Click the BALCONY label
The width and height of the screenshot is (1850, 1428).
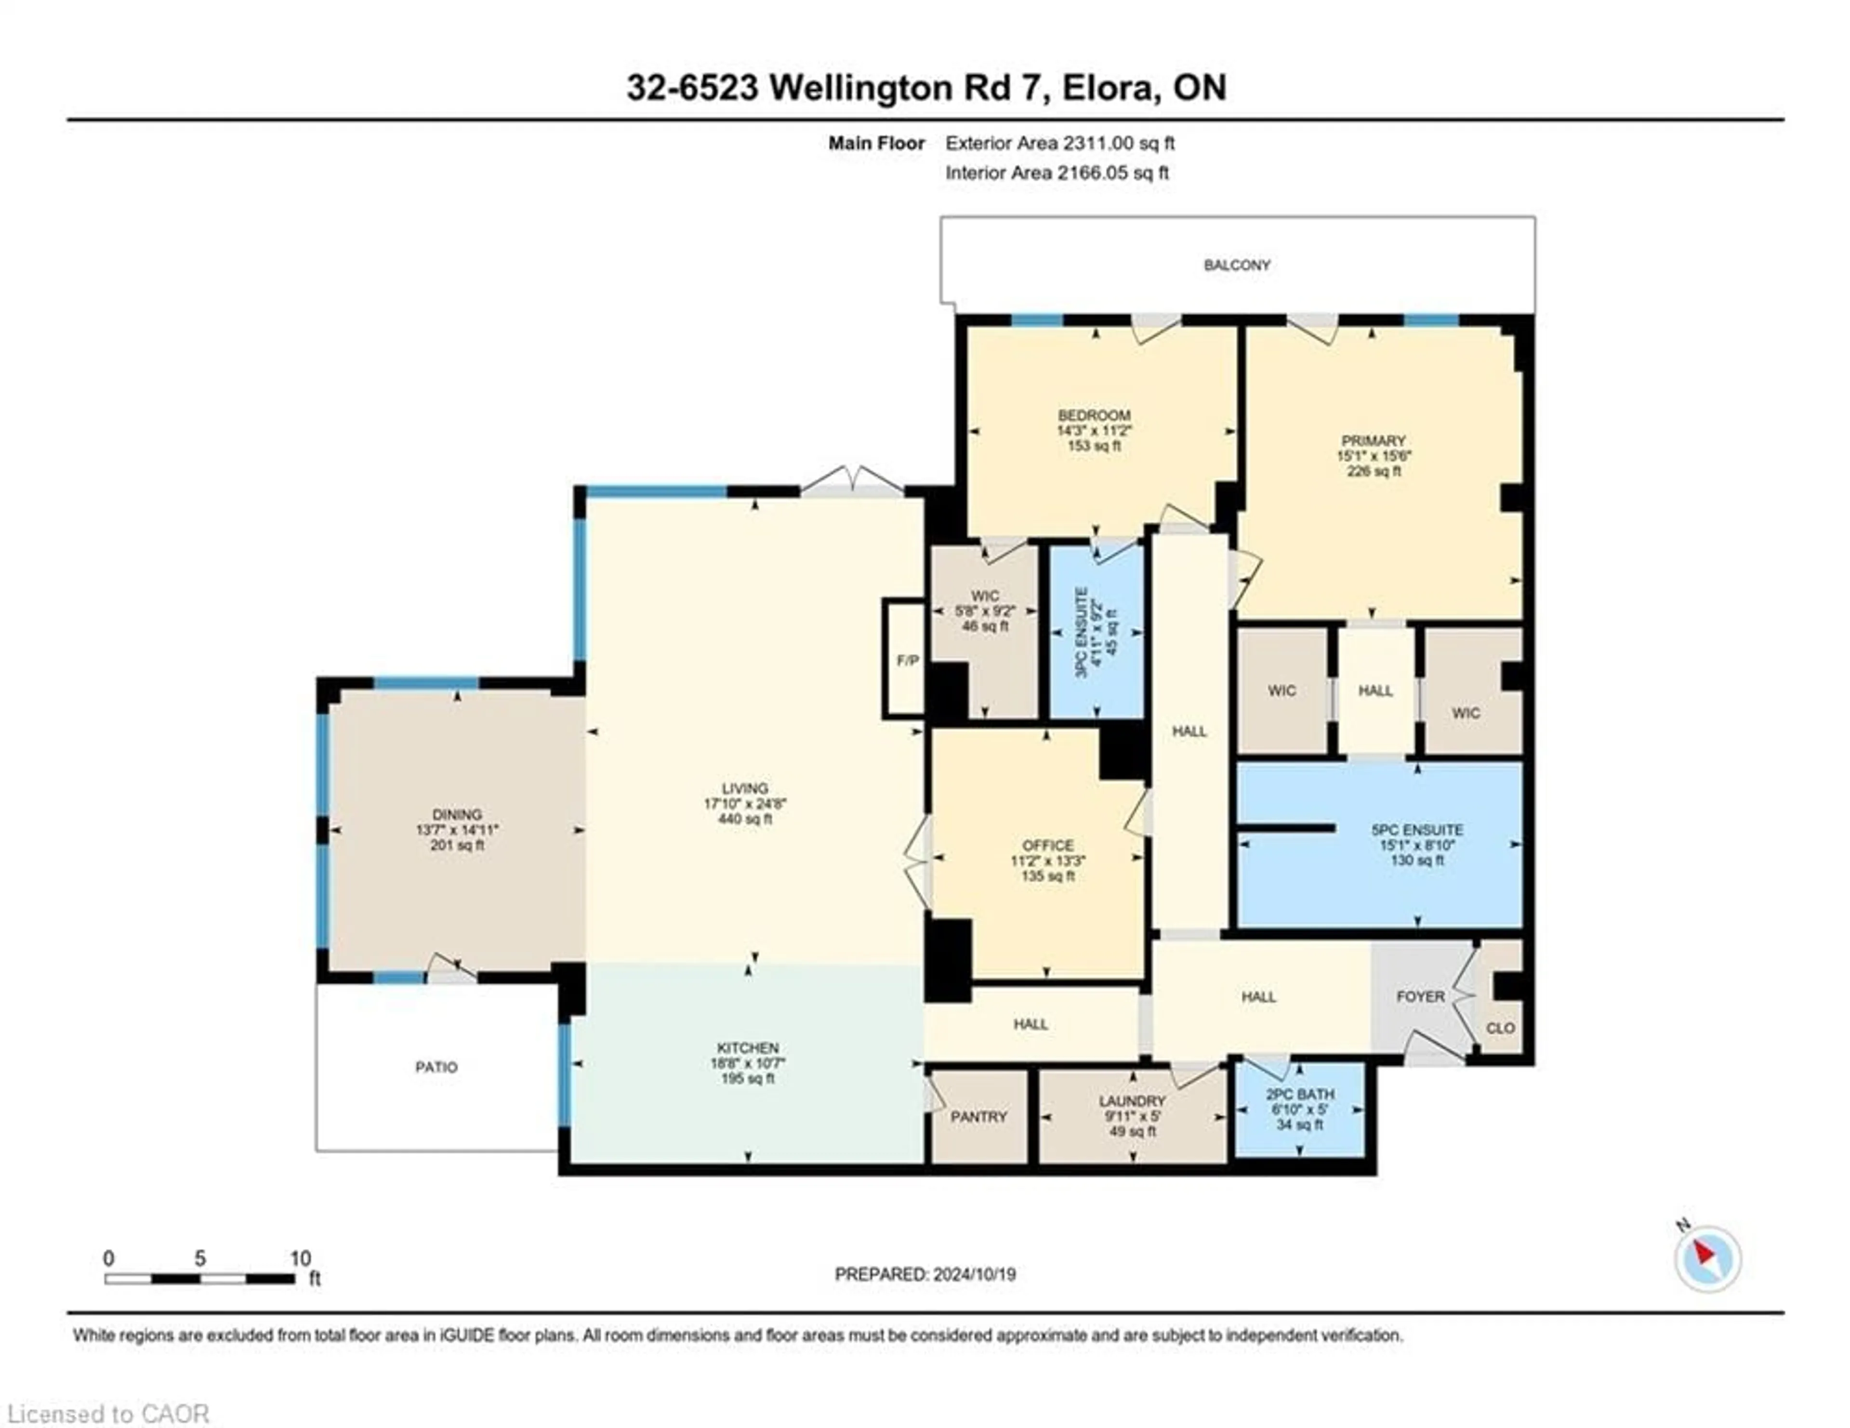tap(1237, 265)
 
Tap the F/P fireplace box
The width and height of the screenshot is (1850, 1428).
tap(906, 660)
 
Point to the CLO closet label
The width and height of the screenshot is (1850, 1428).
tap(1500, 1027)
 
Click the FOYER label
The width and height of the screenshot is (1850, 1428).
tap(1420, 997)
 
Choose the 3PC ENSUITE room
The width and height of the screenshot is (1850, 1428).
tap(1096, 632)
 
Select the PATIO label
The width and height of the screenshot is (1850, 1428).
tap(436, 1067)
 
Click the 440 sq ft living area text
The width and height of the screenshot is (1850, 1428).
tap(745, 819)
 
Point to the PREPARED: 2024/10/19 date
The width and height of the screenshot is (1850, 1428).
tap(925, 1274)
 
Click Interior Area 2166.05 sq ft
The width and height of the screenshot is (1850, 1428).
tap(1057, 173)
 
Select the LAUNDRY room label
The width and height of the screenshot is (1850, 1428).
tap(1132, 1101)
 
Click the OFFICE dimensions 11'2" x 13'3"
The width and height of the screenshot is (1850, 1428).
tap(1048, 860)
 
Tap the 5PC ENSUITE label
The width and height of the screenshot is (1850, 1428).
tap(1416, 830)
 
